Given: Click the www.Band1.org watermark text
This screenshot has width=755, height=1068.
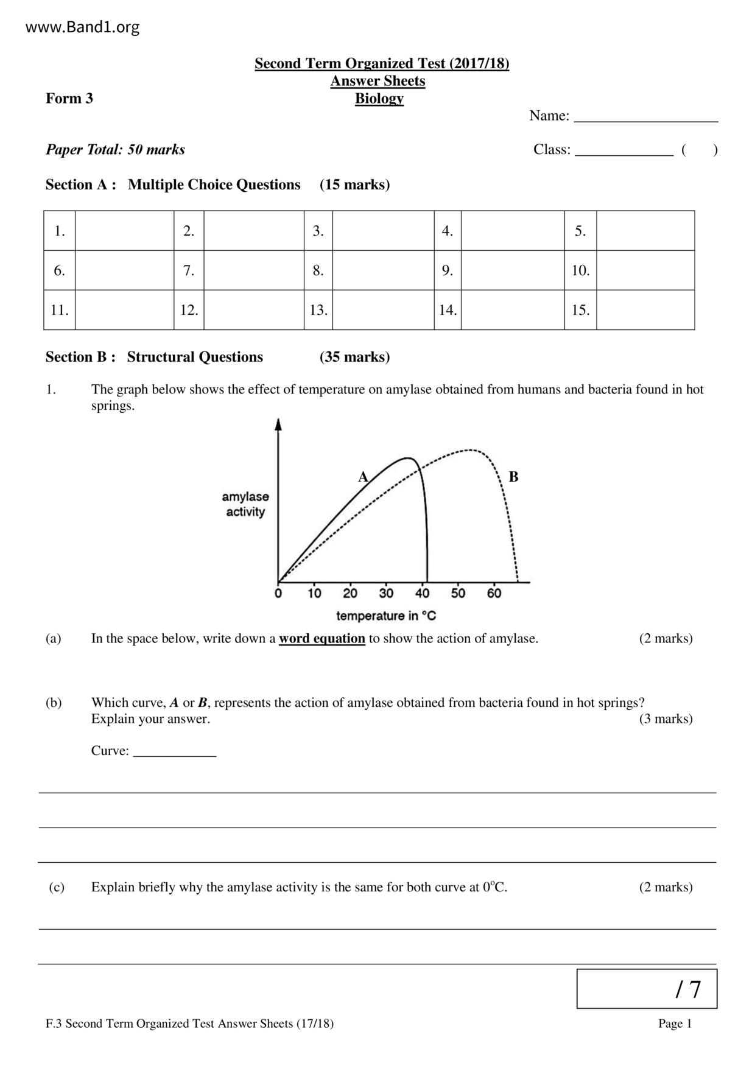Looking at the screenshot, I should (83, 27).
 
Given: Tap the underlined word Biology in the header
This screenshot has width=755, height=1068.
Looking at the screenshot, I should (379, 99).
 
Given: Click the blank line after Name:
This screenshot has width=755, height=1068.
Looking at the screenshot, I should (646, 117).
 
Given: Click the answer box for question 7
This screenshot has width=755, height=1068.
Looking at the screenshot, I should (253, 270).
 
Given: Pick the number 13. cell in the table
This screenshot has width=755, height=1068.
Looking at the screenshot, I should (318, 310).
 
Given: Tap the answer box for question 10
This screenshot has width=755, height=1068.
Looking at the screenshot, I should (645, 270).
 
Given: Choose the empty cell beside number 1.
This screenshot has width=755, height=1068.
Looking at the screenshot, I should (124, 231).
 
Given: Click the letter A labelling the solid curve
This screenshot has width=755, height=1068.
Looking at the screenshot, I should (363, 477).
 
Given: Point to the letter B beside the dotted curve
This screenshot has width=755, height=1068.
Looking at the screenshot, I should (513, 477).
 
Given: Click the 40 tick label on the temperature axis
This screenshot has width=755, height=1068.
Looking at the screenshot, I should (422, 593).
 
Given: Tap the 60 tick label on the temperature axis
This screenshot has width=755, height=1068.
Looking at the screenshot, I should (494, 593).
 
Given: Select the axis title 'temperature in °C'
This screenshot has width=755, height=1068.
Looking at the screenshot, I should (386, 616).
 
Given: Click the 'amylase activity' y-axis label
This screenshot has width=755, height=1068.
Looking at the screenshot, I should (245, 504).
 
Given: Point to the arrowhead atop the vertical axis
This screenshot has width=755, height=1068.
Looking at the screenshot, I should (278, 424).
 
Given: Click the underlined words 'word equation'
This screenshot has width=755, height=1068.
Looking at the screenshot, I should (321, 639).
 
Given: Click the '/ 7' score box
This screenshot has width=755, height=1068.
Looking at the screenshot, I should (647, 989).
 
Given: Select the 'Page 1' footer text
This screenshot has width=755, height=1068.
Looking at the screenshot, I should (675, 1024).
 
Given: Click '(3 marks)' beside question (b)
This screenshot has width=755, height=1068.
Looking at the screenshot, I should (665, 719).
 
